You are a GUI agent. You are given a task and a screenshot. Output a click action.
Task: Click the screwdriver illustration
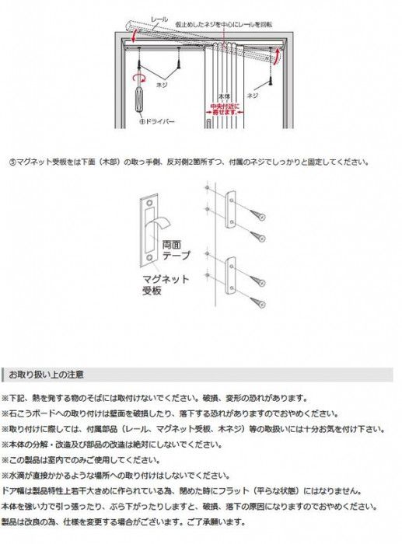[x=140, y=99]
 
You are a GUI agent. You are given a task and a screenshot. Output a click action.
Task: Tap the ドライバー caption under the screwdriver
[x=160, y=122]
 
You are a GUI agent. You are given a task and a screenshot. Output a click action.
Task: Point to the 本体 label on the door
[x=225, y=96]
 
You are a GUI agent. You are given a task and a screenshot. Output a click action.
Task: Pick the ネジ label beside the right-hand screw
[x=252, y=95]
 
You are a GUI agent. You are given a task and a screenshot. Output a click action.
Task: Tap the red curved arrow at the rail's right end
[x=277, y=56]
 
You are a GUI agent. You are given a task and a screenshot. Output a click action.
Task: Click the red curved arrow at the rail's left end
[x=135, y=35]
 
